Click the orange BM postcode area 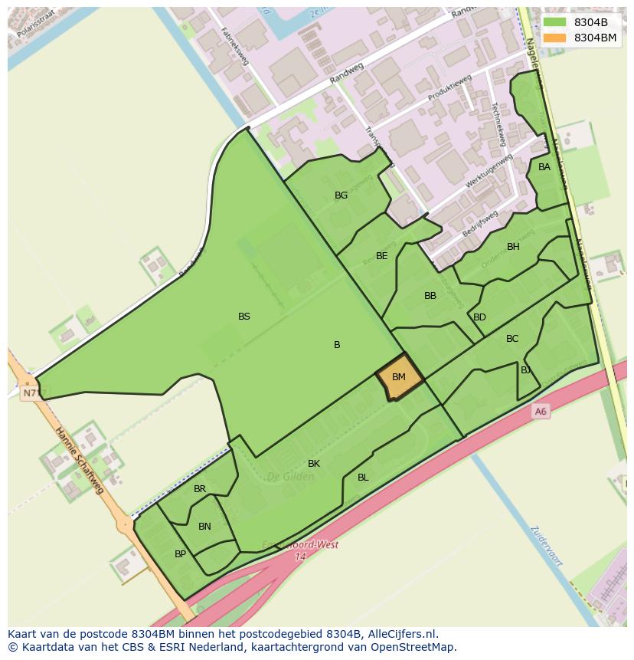(x=399, y=377)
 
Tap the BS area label (x=244, y=316)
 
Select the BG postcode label (x=342, y=195)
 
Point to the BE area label (x=382, y=256)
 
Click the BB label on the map (x=430, y=296)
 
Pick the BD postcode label (x=480, y=317)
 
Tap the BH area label (x=513, y=247)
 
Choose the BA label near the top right (x=544, y=167)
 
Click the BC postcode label (x=512, y=339)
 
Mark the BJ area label (x=526, y=370)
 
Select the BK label (x=314, y=464)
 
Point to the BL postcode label (x=363, y=478)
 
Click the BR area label (x=200, y=489)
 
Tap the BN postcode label (x=204, y=527)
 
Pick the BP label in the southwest (x=180, y=554)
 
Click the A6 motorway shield (x=541, y=412)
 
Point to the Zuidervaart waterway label (x=547, y=547)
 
